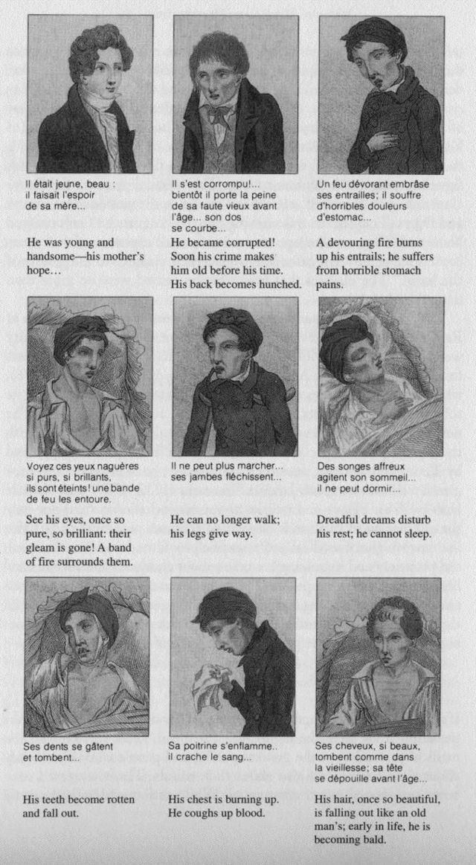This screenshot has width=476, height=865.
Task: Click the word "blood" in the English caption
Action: click(x=251, y=814)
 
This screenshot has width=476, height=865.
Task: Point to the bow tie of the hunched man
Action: click(x=221, y=115)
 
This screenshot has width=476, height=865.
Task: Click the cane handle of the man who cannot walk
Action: click(x=221, y=388)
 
